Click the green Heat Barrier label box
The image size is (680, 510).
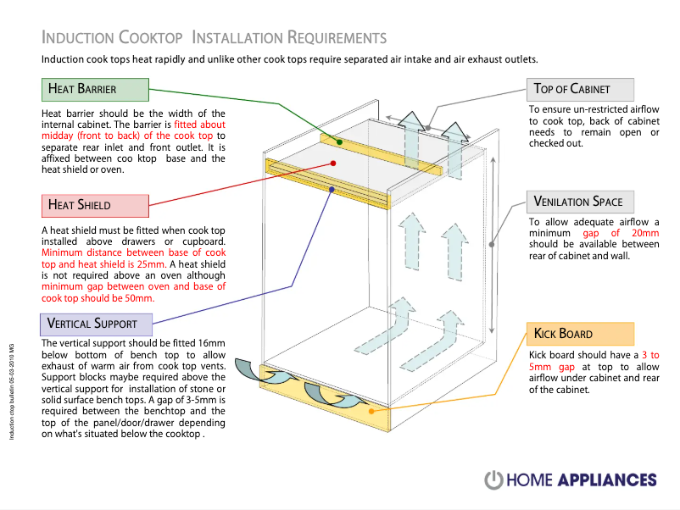coord(95,89)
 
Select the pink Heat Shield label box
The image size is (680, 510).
coord(95,205)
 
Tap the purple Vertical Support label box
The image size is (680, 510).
coord(95,324)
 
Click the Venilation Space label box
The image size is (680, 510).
coord(580,202)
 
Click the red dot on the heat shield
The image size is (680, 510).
coord(334,164)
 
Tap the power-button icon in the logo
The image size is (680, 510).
coord(493,480)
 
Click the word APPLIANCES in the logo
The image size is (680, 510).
coord(606,480)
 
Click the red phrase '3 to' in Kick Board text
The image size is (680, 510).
coord(649,355)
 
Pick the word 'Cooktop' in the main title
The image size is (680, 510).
coord(141,38)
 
